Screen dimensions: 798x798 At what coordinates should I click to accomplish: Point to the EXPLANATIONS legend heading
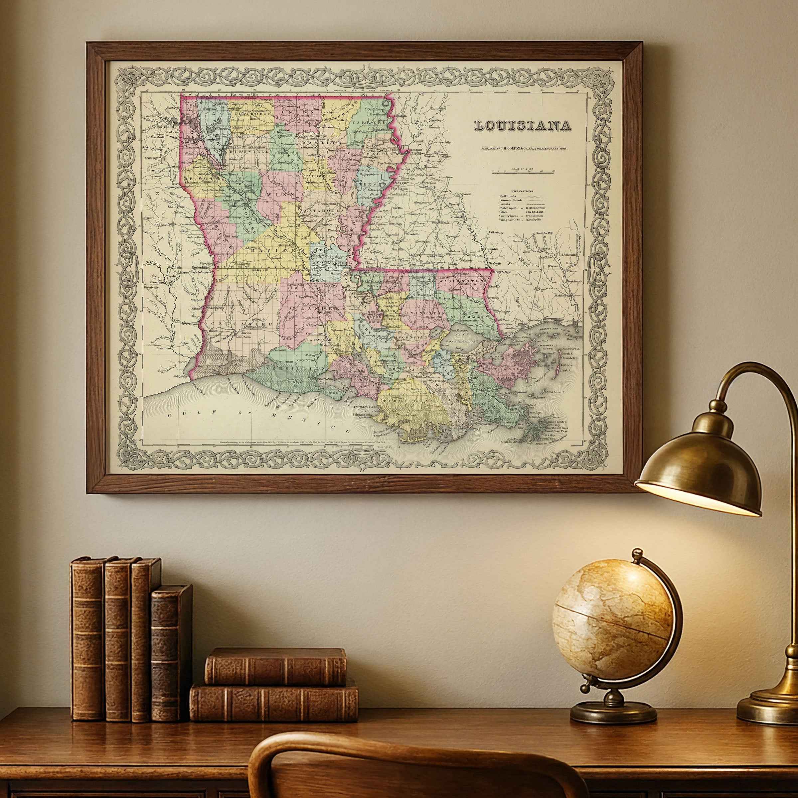point(522,191)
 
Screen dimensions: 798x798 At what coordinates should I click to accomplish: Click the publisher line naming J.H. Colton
point(523,148)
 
